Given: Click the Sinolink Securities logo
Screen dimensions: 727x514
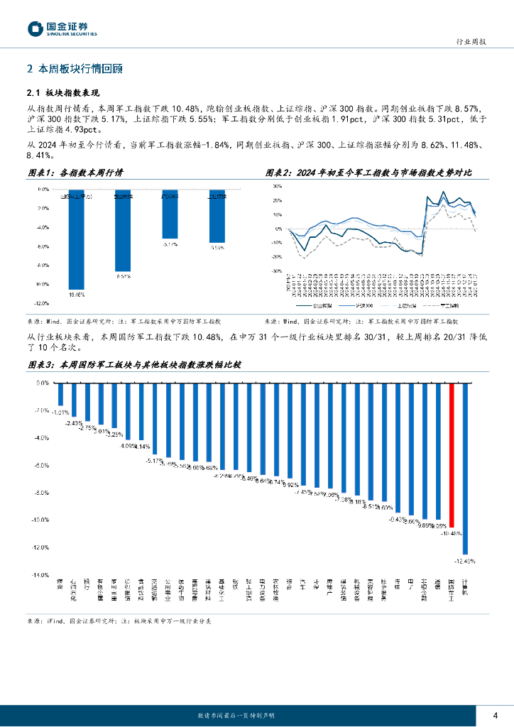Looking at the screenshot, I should [x=62, y=28].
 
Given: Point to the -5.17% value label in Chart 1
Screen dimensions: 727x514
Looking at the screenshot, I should [x=169, y=244].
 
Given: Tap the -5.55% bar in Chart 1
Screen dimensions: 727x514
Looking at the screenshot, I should [x=217, y=216].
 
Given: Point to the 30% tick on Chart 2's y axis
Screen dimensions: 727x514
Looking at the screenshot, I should [x=278, y=185].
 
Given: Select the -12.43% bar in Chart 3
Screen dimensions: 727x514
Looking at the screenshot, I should [x=465, y=468].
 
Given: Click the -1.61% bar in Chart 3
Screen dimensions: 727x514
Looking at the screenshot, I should [x=61, y=394].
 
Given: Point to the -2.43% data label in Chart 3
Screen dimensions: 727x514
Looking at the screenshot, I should [x=74, y=423].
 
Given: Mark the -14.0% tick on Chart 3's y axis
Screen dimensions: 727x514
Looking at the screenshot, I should [x=40, y=575].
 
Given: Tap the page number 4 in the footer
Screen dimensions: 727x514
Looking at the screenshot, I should [x=495, y=714].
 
